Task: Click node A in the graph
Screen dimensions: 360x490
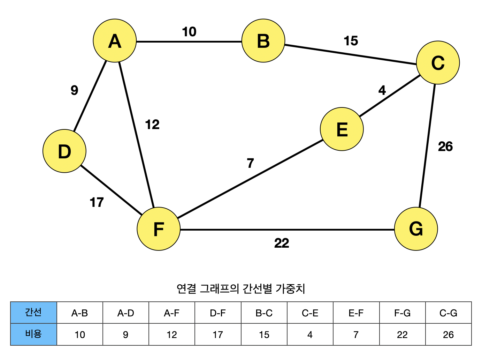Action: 115,41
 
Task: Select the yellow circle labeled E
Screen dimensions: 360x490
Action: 342,129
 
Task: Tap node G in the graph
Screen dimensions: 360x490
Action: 416,229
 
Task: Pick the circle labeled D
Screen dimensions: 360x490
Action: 64,151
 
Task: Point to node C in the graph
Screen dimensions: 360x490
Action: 438,63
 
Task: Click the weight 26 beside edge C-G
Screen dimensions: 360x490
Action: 445,147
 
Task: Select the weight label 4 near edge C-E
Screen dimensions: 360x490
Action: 382,91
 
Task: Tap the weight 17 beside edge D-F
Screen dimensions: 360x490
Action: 97,202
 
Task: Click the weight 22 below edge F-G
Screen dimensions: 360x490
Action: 282,243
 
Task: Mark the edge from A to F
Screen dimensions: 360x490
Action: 136,134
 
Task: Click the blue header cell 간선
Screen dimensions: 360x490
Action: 33,313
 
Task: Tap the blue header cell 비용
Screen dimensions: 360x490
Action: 33,334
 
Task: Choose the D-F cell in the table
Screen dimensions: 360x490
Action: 218,313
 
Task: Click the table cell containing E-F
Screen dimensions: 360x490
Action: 356,313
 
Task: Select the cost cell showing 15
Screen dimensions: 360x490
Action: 264,335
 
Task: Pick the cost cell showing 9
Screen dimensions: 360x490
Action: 126,335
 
